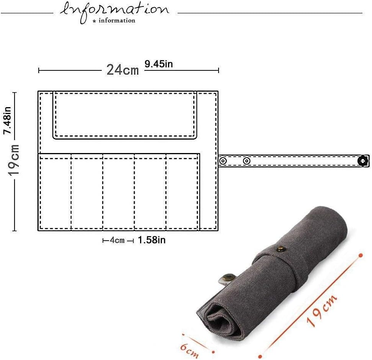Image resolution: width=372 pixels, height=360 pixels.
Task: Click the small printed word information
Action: (x=117, y=20)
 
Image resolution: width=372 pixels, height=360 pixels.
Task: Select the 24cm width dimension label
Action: (x=122, y=70)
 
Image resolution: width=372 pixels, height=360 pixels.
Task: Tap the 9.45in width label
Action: (x=158, y=64)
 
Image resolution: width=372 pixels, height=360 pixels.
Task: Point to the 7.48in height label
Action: (x=8, y=121)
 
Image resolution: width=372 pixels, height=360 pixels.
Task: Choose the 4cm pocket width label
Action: (x=117, y=240)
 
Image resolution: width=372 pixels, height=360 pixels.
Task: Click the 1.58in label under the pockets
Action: (x=152, y=240)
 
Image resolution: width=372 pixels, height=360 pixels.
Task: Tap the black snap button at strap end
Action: (x=362, y=161)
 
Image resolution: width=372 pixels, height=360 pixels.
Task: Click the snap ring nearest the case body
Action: (x=223, y=161)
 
